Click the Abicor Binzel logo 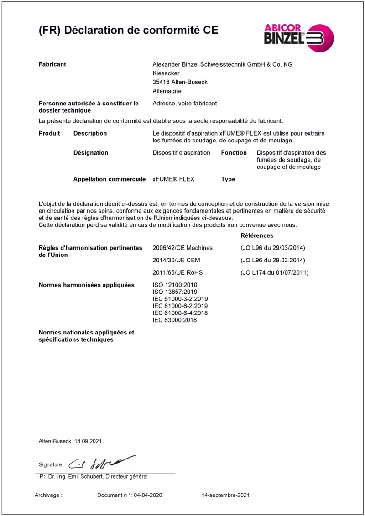[298, 37]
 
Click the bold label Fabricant [52, 64]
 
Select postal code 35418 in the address [161, 82]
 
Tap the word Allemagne [167, 91]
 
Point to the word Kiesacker [166, 73]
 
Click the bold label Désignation [91, 153]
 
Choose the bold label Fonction [234, 153]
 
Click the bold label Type [228, 179]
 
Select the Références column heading [257, 236]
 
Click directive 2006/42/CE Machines [182, 248]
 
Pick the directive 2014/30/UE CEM [176, 260]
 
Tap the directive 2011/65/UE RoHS [177, 272]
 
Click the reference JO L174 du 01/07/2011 [275, 272]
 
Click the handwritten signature [101, 463]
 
